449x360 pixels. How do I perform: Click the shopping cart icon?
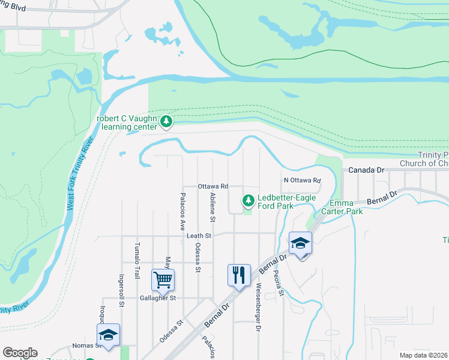(x=163, y=280)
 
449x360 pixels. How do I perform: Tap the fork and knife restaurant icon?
(x=238, y=275)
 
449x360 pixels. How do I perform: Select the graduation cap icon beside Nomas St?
(x=108, y=335)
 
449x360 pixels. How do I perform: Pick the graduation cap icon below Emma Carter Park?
(x=300, y=243)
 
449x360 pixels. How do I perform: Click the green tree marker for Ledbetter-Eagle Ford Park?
(x=247, y=201)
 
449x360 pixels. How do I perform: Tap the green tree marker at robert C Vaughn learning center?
(x=166, y=122)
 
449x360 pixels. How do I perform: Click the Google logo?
(x=20, y=353)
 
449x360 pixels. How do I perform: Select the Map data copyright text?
(x=423, y=355)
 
